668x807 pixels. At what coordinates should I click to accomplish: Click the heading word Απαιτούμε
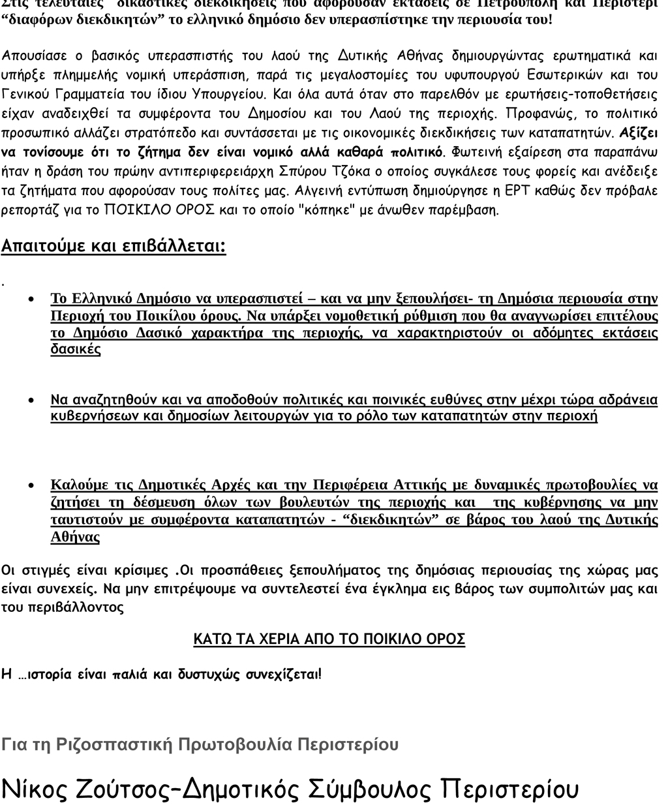[x=38, y=247]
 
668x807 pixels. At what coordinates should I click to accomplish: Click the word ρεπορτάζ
[x=29, y=211]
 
